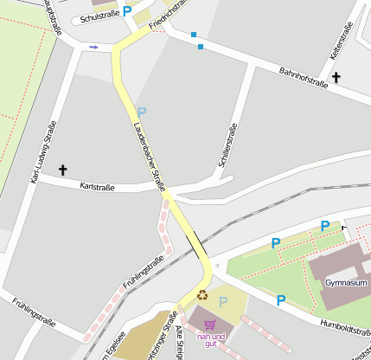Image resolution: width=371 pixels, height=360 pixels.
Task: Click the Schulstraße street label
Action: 99,16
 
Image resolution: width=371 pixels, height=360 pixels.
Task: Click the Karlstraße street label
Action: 97,186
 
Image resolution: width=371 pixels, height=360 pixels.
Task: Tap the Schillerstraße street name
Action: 227,146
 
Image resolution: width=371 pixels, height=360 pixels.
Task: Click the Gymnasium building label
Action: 347,283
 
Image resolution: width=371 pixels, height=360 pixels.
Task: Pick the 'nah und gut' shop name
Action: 211,339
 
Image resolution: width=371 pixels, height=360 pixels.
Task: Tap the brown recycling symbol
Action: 202,295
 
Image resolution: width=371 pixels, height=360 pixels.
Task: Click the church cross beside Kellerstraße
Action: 336,78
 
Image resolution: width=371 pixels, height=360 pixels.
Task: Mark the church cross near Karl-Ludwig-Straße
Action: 62,170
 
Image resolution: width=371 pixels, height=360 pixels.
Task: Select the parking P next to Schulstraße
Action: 127,11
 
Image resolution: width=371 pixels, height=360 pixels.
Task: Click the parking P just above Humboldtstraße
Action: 281,300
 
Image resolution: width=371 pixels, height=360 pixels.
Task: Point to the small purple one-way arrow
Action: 93,47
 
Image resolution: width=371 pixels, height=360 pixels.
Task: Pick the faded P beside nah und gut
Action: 223,302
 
